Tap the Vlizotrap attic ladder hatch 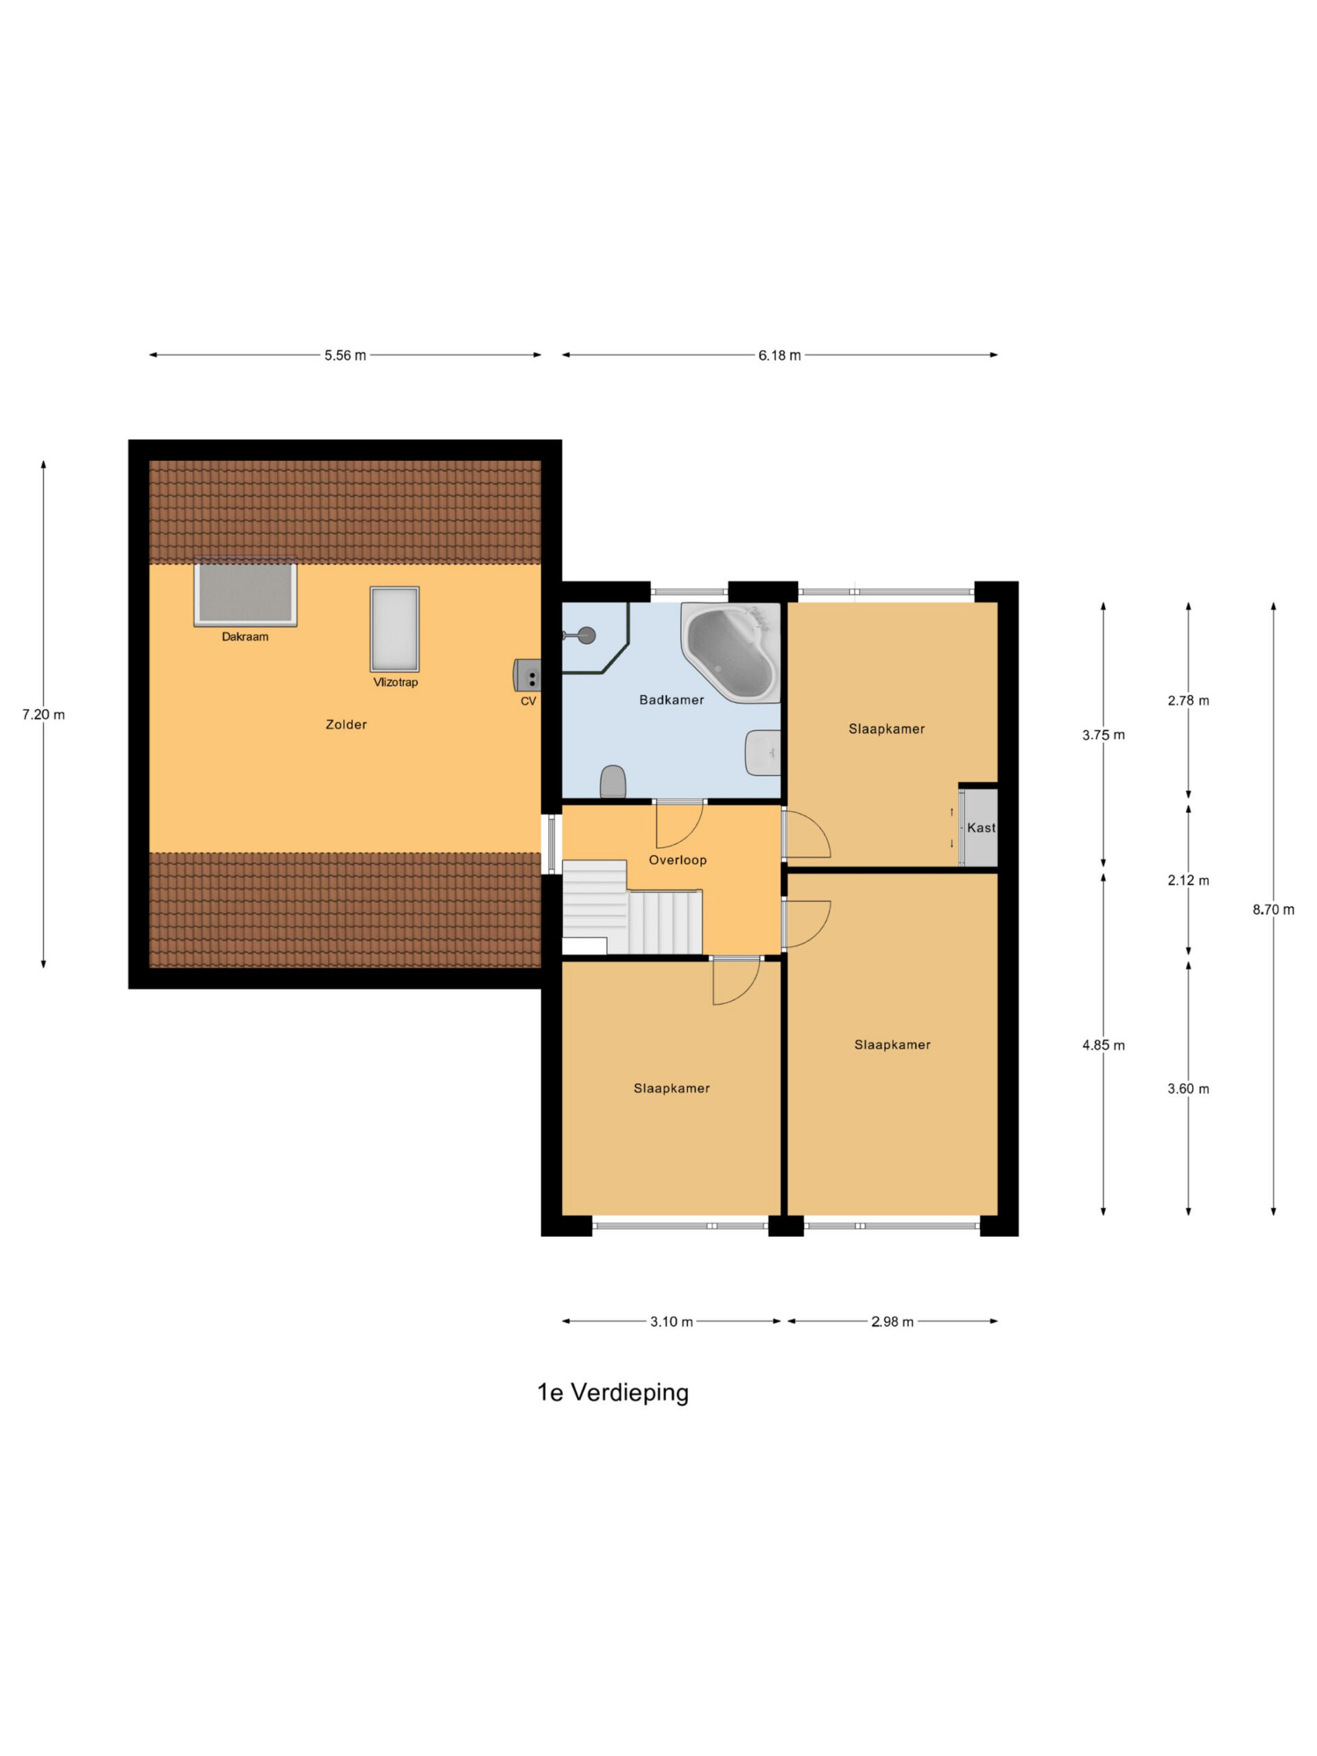coord(394,630)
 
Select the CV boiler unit coord(527,675)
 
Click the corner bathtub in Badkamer coord(731,651)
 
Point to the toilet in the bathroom coord(613,781)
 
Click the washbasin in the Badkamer coord(763,752)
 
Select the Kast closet coord(978,827)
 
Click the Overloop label coord(677,859)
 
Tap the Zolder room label coord(346,724)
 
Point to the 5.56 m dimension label coord(345,355)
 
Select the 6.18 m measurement coord(779,355)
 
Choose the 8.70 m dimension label coord(1273,910)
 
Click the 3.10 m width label coord(672,1322)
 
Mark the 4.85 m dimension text coord(1104,1045)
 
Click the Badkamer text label coord(672,700)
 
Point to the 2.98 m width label coord(892,1322)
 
